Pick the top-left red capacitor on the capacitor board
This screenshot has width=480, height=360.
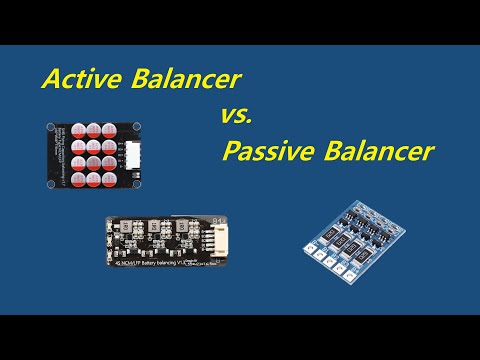click(x=77, y=130)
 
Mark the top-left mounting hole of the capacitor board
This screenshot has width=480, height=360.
click(x=51, y=126)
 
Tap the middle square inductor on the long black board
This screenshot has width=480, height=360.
click(x=158, y=229)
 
